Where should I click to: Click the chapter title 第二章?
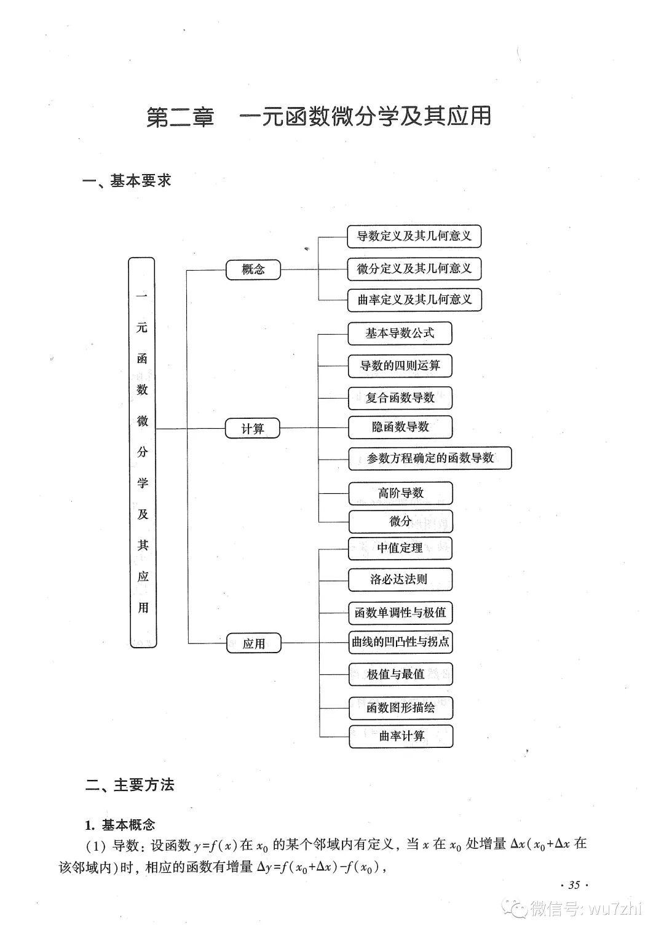(x=180, y=117)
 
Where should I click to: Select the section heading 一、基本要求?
(x=127, y=181)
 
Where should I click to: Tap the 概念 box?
(x=253, y=269)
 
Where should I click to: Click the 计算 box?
(x=253, y=429)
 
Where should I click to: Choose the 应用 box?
(x=253, y=643)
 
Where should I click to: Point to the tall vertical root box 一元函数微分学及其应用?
(x=142, y=452)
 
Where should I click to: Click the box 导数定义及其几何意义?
(x=414, y=236)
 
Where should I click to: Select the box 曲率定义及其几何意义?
(x=414, y=300)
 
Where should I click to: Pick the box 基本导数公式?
(x=400, y=333)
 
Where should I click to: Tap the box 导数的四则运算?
(x=400, y=366)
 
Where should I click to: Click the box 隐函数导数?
(x=400, y=427)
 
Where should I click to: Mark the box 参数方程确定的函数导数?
(x=430, y=458)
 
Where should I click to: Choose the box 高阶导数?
(x=400, y=493)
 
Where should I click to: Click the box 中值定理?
(x=400, y=548)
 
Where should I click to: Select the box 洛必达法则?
(x=400, y=579)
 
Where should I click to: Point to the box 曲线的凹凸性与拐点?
(x=400, y=642)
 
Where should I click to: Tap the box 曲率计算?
(x=401, y=736)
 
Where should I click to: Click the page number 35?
(x=574, y=885)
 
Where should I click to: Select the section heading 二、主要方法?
(x=130, y=785)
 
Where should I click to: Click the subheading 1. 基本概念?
(x=120, y=825)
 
